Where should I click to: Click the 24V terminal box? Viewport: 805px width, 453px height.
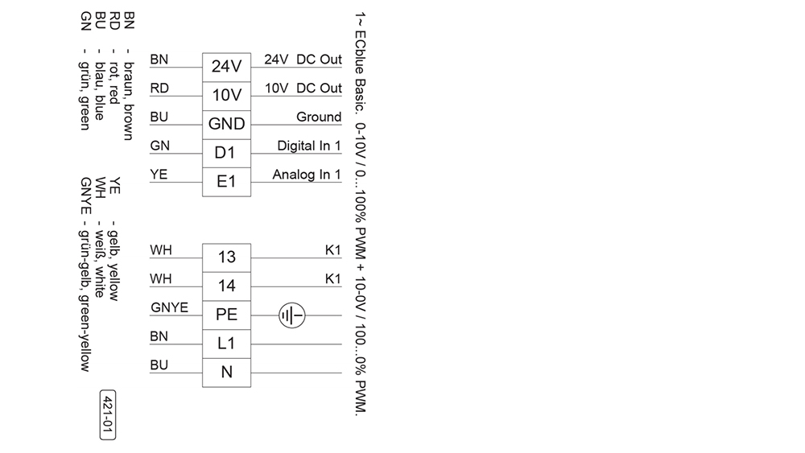[x=226, y=68]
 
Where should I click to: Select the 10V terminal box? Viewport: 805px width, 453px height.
[x=226, y=96]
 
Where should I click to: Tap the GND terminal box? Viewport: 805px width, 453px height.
[x=226, y=125]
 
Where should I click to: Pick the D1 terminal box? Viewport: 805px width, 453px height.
[x=226, y=154]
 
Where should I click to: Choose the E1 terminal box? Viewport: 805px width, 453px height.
[x=226, y=182]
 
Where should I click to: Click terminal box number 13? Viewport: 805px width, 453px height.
[x=226, y=258]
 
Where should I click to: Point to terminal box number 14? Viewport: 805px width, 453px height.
[x=226, y=286]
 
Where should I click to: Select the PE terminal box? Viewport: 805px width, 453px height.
[x=226, y=315]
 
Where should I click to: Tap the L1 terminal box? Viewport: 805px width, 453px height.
[x=226, y=344]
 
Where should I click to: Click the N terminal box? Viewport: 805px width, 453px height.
[x=226, y=373]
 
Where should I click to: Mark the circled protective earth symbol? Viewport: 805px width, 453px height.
[x=292, y=315]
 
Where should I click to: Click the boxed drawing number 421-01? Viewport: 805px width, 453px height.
[x=107, y=414]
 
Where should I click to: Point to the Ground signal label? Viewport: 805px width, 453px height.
[x=319, y=117]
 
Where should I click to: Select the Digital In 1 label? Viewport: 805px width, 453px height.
[x=309, y=146]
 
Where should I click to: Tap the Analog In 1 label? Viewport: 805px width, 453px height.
[x=307, y=175]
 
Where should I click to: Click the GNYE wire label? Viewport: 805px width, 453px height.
[x=169, y=307]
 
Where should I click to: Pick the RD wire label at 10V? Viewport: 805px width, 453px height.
[x=159, y=89]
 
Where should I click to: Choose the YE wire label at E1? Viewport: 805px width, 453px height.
[x=159, y=175]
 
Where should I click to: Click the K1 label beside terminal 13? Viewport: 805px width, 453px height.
[x=333, y=250]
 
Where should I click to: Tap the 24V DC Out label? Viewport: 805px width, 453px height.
[x=303, y=60]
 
